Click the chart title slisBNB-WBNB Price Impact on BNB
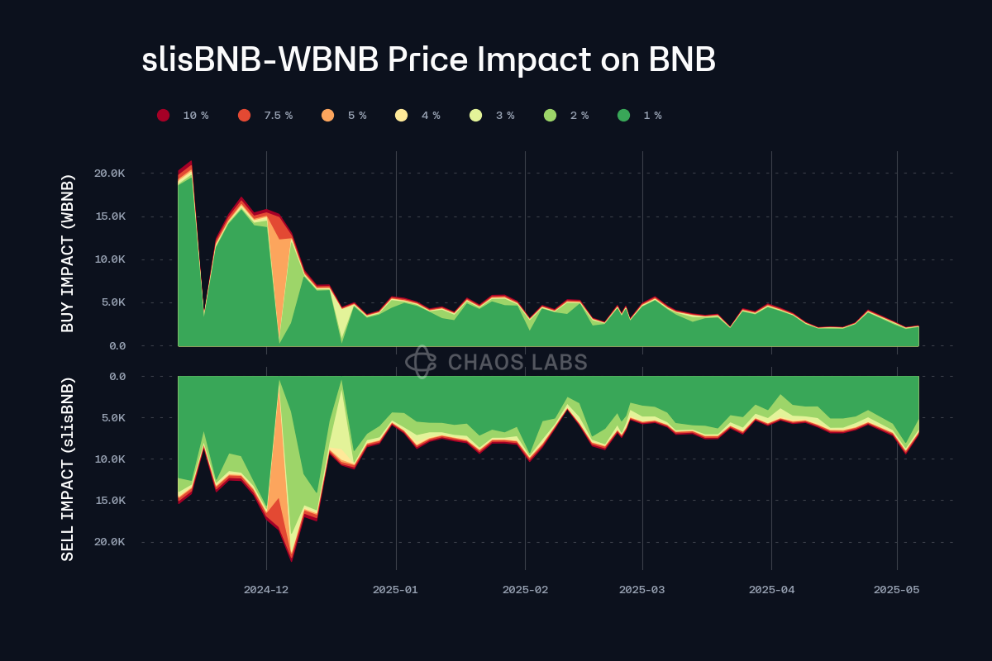point(428,59)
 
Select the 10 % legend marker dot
point(164,116)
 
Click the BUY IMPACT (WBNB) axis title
point(68,254)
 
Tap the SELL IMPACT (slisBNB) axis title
point(68,468)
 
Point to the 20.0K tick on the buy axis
point(110,174)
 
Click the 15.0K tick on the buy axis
point(110,216)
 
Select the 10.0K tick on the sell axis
point(110,459)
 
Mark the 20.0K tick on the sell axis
point(110,542)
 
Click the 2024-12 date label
point(266,590)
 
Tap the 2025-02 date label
point(526,590)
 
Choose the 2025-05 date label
point(897,590)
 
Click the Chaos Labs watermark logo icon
point(421,362)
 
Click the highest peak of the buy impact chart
point(191,162)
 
